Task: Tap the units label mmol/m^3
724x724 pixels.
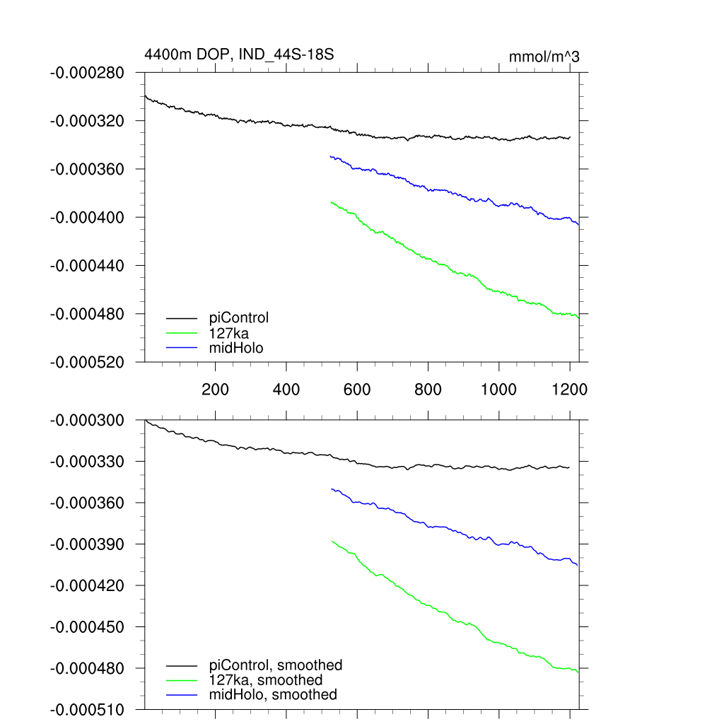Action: (544, 57)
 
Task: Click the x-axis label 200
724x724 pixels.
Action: (215, 389)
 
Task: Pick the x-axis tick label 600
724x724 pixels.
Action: (357, 389)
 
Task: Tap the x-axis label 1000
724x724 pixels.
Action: (499, 389)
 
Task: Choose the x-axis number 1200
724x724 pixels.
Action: (570, 389)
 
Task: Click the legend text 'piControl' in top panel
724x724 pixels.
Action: (239, 317)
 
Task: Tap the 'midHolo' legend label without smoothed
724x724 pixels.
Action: (236, 347)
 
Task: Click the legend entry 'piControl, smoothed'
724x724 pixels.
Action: (276, 665)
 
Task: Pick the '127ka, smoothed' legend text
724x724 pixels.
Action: (266, 680)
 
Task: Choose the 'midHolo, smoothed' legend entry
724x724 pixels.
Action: (273, 695)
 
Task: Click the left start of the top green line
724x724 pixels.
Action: (331, 202)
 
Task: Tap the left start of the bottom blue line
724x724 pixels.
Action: (331, 489)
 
